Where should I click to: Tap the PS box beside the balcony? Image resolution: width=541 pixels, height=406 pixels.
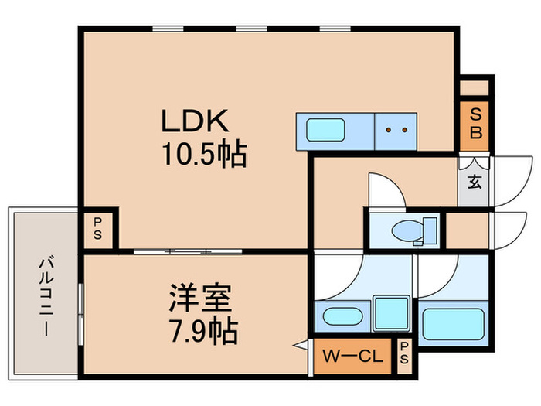tap(98, 230)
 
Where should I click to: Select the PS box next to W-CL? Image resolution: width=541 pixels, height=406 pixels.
tap(406, 357)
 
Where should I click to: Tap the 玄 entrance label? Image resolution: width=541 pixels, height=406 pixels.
tap(475, 183)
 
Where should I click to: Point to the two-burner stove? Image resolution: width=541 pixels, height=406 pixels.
tap(396, 129)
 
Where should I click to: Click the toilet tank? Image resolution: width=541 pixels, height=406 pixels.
tap(430, 230)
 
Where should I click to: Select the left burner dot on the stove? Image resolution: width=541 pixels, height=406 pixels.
tap(389, 130)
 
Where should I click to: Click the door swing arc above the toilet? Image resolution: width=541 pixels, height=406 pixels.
tap(384, 189)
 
